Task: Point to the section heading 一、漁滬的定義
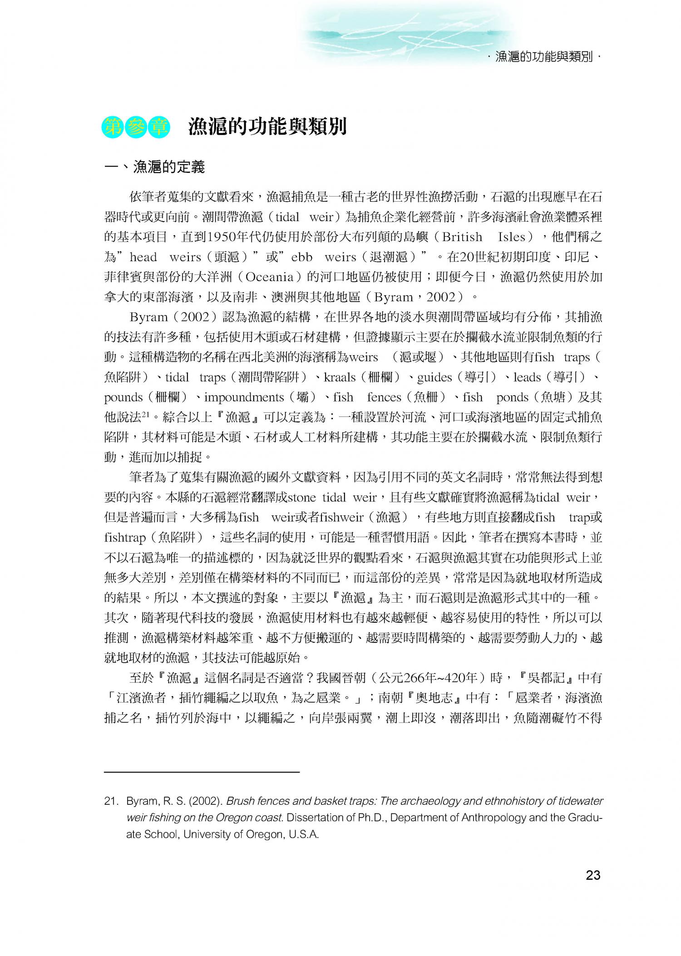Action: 155,167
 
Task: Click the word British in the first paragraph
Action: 462,237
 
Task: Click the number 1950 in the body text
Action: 222,237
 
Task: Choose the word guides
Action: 434,377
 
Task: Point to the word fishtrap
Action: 124,538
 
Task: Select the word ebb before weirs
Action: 301,257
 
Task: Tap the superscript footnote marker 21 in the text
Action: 145,415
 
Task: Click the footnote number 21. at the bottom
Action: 112,801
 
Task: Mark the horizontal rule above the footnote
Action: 202,772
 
